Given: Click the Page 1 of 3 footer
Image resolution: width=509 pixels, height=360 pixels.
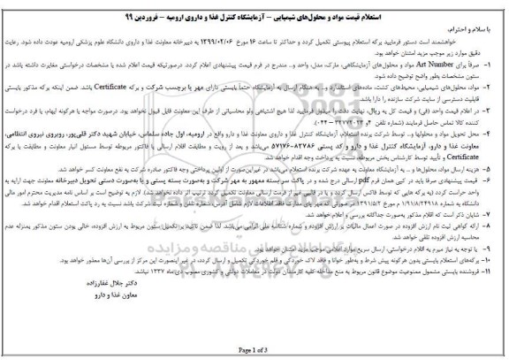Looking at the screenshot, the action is tap(254, 354).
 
